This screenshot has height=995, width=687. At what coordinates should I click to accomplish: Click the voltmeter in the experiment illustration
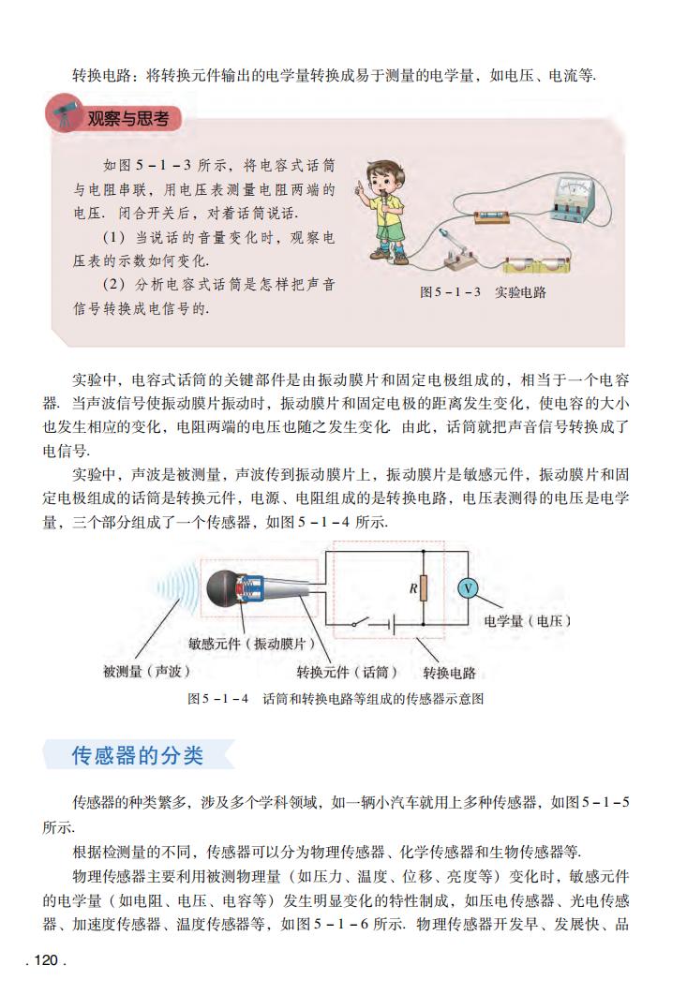(571, 200)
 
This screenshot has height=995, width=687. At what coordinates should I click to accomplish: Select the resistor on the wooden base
(495, 219)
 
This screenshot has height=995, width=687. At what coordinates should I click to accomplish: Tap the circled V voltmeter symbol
(467, 588)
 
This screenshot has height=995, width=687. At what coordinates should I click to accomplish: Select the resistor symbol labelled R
(424, 588)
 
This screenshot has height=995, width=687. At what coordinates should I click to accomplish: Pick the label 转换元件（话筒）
(347, 672)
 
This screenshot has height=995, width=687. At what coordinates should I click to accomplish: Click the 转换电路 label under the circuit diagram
(449, 672)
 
